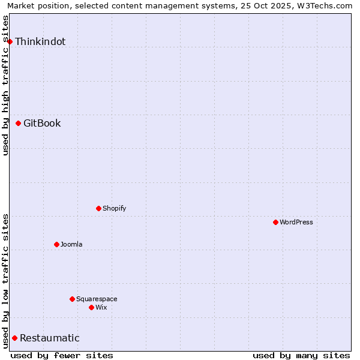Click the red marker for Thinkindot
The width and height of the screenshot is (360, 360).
coord(10,41)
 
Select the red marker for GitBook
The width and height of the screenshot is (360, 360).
coord(19,124)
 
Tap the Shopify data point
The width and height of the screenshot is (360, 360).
coord(98,208)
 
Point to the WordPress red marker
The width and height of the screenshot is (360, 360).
coord(275,222)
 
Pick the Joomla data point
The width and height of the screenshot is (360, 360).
coord(56,244)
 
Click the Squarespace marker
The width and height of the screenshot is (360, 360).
coord(72,299)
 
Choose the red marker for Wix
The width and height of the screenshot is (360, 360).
coord(91,307)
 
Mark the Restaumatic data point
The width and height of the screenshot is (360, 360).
coord(14,338)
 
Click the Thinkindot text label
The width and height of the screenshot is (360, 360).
coord(40,41)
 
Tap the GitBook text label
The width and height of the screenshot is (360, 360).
coord(42,124)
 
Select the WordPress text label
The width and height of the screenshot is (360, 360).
coord(296,222)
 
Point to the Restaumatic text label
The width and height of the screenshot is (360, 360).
coord(50,338)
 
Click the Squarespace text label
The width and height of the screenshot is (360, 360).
coord(97,299)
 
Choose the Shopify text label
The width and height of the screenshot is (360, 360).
coord(114,208)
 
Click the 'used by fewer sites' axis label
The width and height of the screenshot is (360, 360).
coord(62,355)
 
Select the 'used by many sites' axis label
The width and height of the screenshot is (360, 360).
coord(301,355)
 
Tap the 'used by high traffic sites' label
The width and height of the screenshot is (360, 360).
coord(5,85)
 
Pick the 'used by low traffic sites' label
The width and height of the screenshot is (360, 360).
coord(5,280)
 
